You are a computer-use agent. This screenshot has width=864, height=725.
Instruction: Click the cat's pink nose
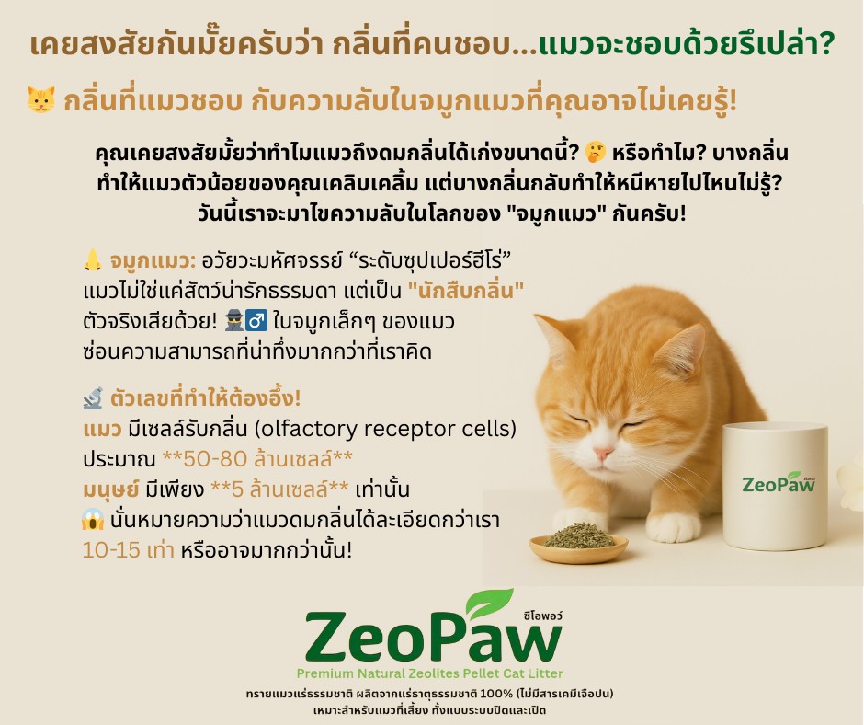[602, 454]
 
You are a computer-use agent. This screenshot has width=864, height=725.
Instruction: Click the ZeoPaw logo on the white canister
[779, 482]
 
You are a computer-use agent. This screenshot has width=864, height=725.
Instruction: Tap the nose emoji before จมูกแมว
[91, 261]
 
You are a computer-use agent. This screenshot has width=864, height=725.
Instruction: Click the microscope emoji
[91, 400]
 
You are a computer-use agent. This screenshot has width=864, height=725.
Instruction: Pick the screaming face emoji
[91, 521]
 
